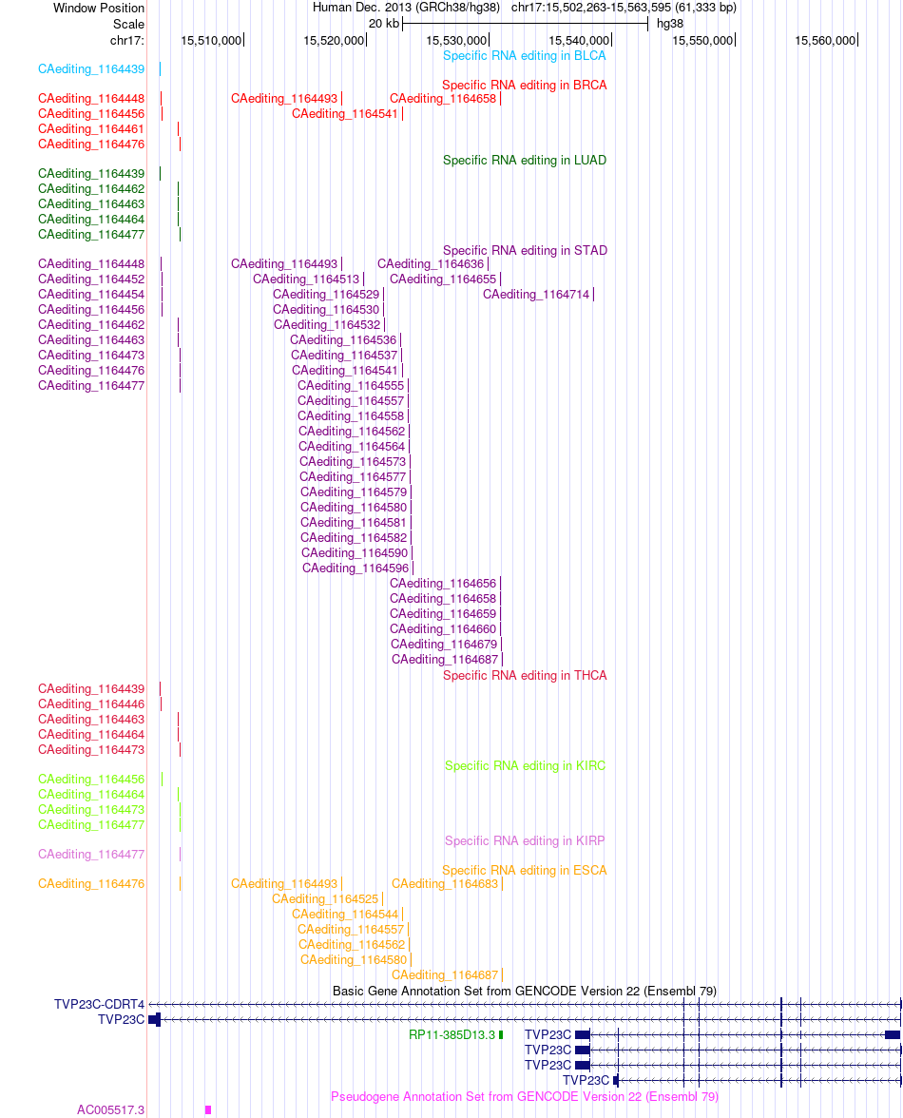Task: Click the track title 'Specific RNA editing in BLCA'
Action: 525,55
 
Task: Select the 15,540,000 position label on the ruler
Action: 579,41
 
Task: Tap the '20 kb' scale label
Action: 383,24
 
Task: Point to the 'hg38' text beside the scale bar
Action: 669,24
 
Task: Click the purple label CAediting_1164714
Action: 536,295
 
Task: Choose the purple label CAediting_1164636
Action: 431,264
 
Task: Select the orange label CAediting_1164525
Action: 325,899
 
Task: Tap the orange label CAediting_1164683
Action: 445,884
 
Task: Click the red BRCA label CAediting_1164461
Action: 91,129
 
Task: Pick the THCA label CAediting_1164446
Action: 91,704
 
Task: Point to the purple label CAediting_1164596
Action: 355,569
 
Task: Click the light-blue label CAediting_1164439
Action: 91,69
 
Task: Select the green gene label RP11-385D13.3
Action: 451,1034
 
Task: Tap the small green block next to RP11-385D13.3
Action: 501,1034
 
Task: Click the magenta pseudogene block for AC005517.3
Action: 208,1110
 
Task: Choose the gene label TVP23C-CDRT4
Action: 99,1005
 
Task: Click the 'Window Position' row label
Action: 99,8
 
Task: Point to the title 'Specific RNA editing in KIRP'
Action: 525,841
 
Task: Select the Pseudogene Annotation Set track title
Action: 525,1097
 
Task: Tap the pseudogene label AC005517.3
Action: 110,1110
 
